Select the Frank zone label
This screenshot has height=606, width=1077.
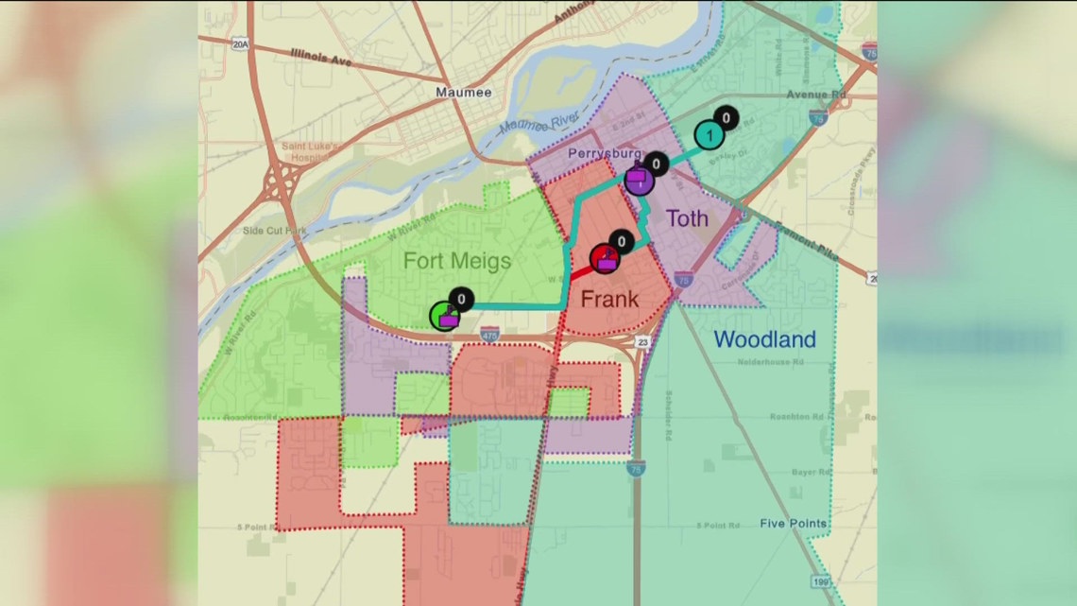[x=609, y=300]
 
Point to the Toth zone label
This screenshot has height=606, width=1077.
[x=687, y=219]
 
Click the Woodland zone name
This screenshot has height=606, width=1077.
[x=764, y=339]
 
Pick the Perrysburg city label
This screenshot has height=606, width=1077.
[x=605, y=153]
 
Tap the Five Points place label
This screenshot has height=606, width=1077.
[x=795, y=524]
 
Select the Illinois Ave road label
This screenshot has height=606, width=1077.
[x=320, y=59]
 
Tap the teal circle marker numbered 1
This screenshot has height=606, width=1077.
[x=709, y=136]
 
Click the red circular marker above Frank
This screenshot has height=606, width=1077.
[x=605, y=258]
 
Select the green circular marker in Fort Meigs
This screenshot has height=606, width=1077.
[x=444, y=316]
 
